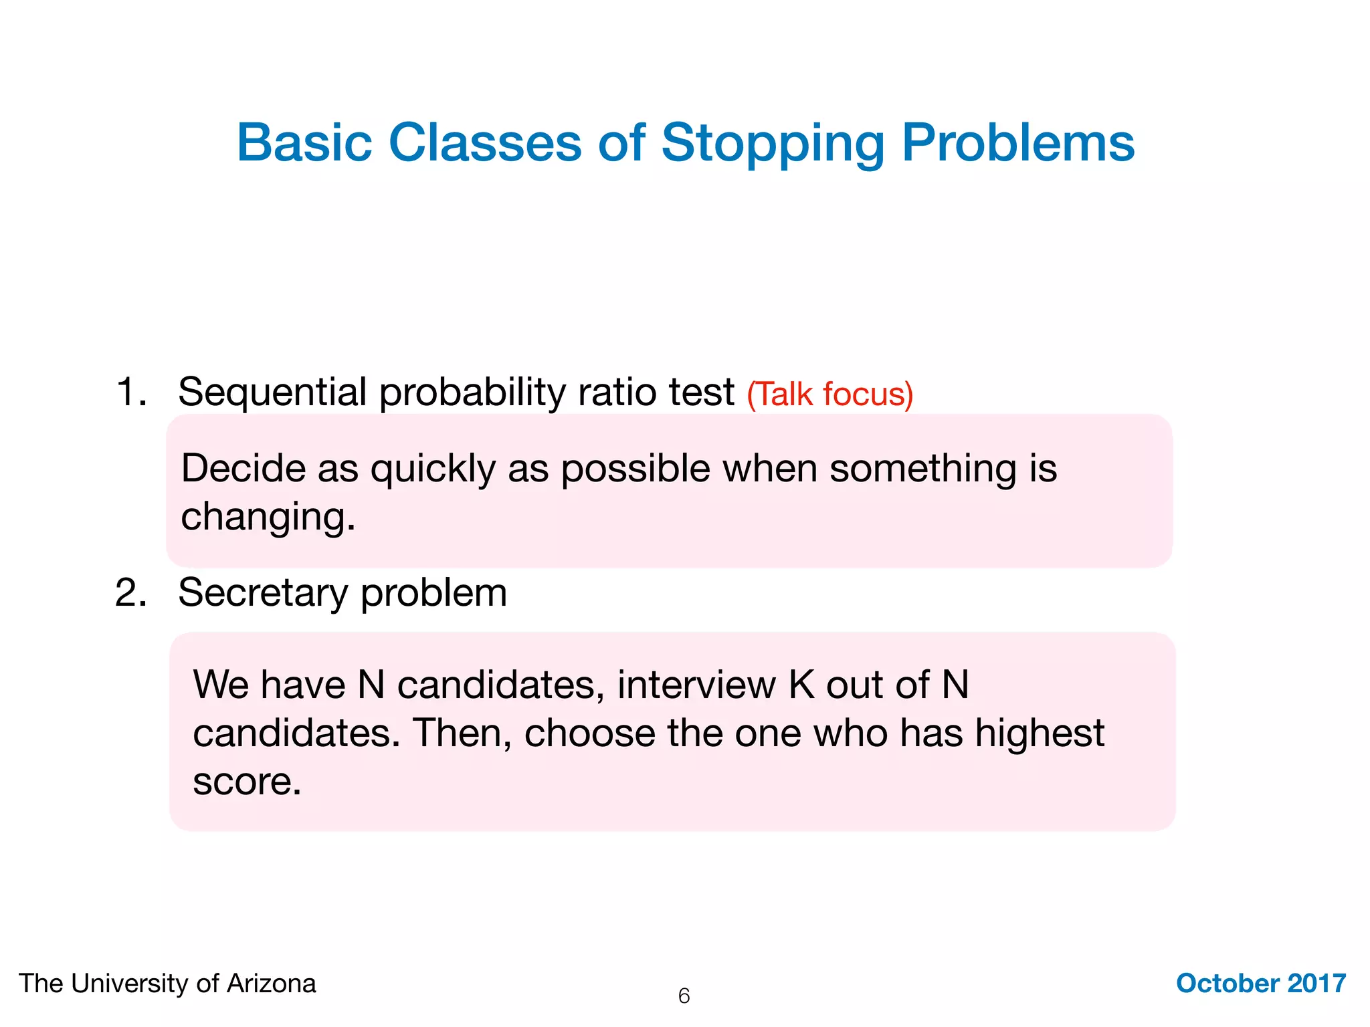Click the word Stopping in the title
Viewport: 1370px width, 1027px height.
[x=773, y=144]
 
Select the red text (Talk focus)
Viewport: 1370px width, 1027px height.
[x=829, y=394]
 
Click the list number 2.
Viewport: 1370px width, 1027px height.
[x=130, y=592]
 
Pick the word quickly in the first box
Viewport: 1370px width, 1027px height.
[x=433, y=469]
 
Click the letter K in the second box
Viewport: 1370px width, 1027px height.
[x=801, y=685]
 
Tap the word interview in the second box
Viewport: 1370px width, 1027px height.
[x=696, y=685]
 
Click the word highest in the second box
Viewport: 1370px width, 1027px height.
[x=1039, y=734]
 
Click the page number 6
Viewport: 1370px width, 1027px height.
[x=684, y=996]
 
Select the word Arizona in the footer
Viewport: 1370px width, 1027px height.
[x=271, y=984]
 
